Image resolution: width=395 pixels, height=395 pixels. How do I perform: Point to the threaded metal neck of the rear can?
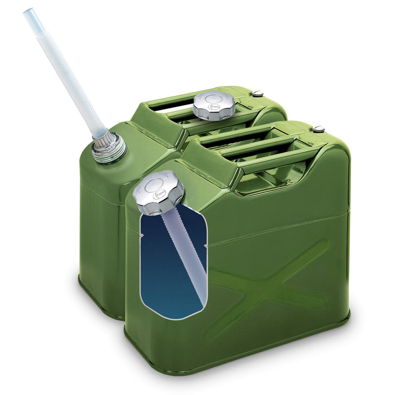coord(108,147)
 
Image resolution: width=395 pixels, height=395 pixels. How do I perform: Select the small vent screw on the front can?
coord(318,129)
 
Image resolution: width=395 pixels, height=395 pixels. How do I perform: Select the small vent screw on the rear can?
coord(258,93)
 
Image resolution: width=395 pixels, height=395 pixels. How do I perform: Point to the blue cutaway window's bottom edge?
coord(173,317)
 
